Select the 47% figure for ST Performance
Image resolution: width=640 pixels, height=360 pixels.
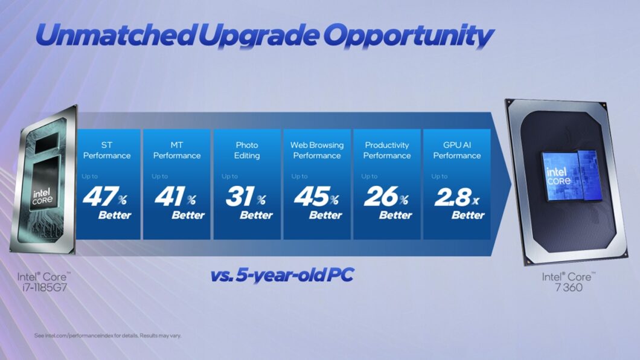[104, 198]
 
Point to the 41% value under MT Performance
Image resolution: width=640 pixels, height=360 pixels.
[174, 198]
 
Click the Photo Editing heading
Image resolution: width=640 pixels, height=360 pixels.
[247, 150]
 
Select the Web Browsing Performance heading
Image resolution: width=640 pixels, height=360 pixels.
[317, 150]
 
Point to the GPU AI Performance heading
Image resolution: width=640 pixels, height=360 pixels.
[457, 150]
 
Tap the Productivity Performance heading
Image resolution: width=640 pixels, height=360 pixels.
[387, 150]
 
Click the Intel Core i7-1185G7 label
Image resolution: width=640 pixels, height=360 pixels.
[42, 283]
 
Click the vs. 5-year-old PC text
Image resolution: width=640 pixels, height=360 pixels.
[282, 275]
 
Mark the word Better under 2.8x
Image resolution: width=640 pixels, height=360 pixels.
[468, 215]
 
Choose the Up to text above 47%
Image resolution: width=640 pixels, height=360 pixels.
[90, 176]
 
